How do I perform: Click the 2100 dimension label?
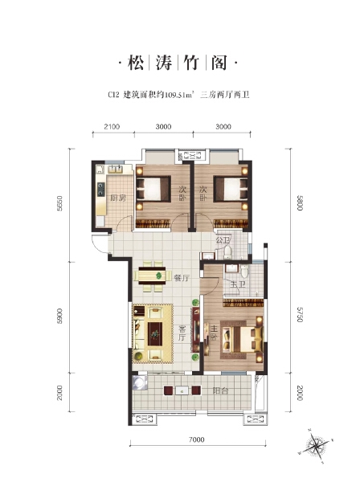112,126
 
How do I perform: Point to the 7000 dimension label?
200,439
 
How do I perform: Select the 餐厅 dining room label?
181,278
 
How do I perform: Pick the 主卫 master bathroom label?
236,284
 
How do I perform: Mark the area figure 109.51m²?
182,96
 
